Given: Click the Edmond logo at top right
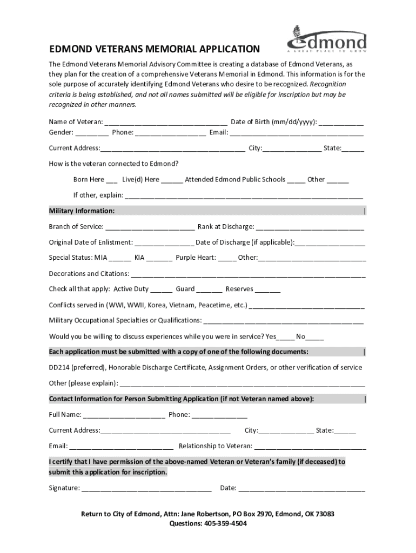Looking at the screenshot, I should coord(326,40).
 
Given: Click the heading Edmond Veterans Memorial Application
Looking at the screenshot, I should coord(154,49).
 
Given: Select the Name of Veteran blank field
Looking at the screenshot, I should coord(166,122).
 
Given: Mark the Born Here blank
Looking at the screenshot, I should coord(112,180).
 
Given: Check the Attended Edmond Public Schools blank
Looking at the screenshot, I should coord(296,180).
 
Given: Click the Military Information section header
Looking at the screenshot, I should coord(82,211).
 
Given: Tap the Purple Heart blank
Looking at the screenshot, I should coord(227,258).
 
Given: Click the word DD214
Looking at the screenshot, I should coord(60,367).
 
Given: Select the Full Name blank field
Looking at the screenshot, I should coord(124,415).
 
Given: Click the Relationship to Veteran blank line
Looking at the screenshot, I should coord(310,446).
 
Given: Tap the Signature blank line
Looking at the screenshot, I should coord(146,488).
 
